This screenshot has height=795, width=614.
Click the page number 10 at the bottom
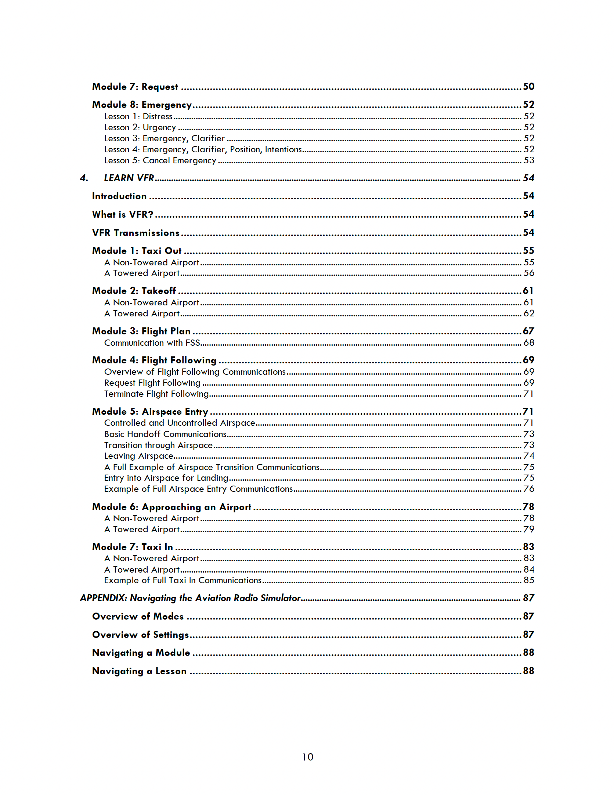tap(307, 757)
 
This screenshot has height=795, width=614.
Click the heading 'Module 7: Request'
tap(135, 87)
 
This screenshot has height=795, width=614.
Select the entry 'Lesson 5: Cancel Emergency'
tap(160, 161)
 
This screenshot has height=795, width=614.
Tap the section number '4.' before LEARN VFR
tap(84, 178)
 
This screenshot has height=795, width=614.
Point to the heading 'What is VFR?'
tap(123, 214)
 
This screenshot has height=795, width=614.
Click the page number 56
tap(528, 273)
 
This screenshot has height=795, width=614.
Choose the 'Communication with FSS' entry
tap(152, 343)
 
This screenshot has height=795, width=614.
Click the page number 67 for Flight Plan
tap(528, 331)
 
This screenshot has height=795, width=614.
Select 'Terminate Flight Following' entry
tap(156, 394)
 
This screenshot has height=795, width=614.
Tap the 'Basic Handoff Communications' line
tap(165, 434)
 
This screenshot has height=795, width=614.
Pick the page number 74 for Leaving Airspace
tap(528, 456)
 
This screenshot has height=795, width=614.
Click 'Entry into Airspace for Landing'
tap(166, 478)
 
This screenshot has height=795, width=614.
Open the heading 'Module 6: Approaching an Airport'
tap(171, 507)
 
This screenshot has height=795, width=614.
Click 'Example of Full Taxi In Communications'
tap(183, 580)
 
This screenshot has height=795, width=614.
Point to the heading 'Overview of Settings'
tap(140, 635)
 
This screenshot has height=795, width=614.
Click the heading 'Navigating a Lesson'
tap(139, 671)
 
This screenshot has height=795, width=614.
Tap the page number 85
tap(528, 580)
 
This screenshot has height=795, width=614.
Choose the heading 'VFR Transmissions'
tap(136, 233)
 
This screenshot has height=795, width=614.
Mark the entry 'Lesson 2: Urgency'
tap(140, 128)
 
